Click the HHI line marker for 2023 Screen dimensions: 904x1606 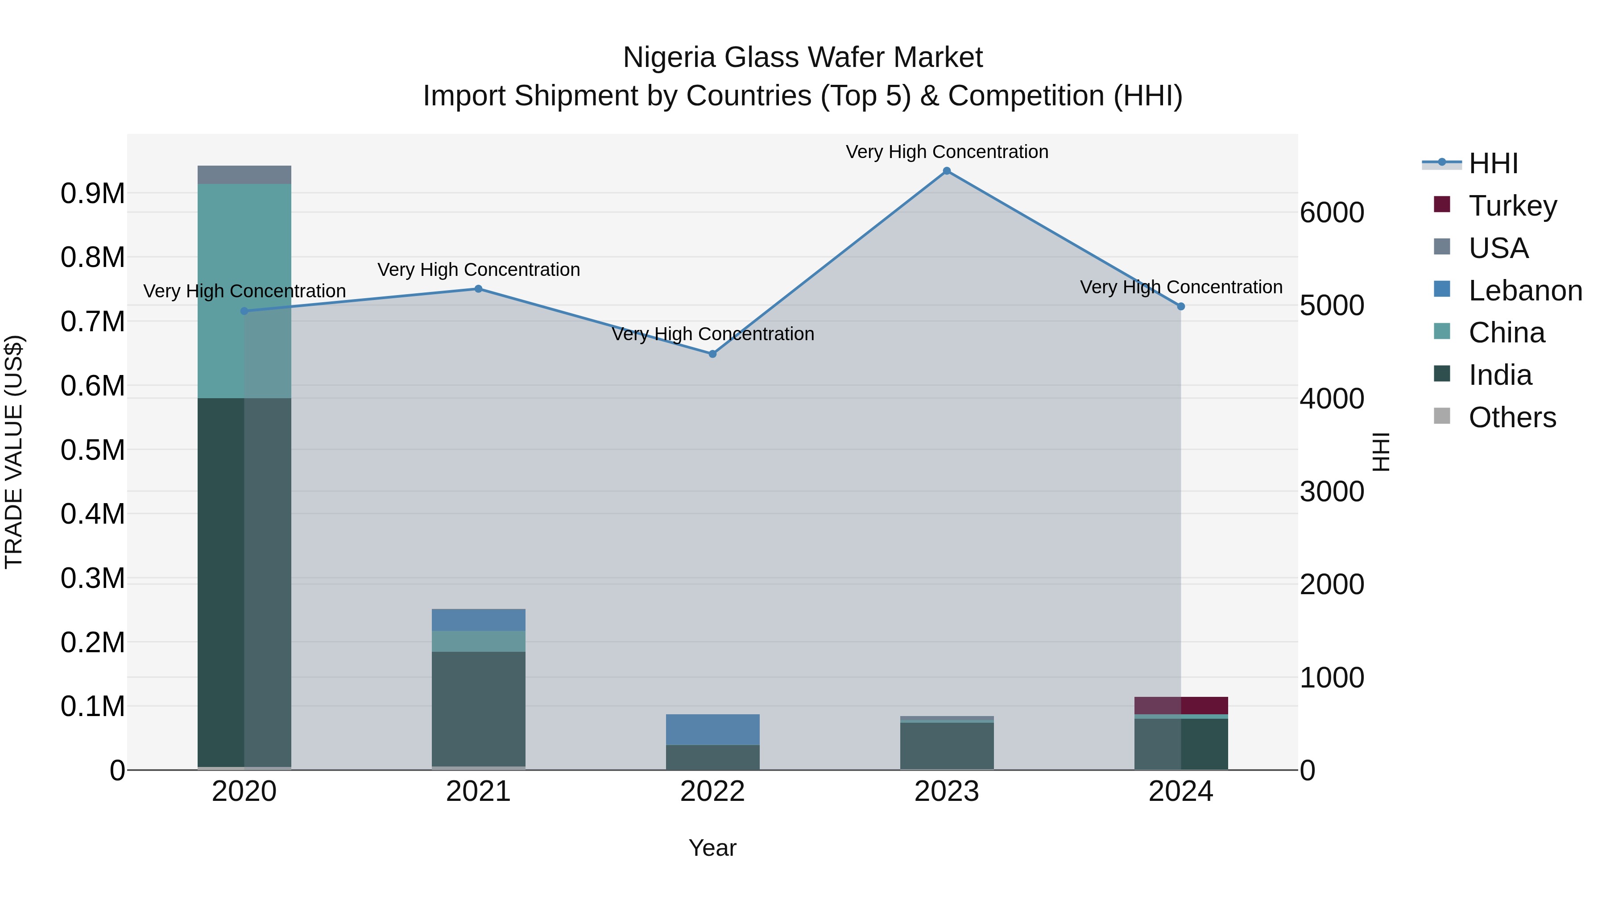[x=946, y=171]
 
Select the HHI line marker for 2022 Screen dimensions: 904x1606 [x=712, y=354]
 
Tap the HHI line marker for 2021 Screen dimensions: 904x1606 [x=478, y=289]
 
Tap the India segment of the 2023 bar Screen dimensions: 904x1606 [x=946, y=746]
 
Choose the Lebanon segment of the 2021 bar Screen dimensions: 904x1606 [x=478, y=620]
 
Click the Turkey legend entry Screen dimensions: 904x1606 [x=1512, y=206]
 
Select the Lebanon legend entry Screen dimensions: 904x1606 [x=1524, y=291]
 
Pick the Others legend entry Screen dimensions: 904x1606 [x=1511, y=417]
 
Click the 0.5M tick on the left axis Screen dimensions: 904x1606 [x=92, y=450]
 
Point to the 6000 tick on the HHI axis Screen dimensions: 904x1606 [x=1332, y=213]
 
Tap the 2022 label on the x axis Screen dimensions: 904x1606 [x=712, y=792]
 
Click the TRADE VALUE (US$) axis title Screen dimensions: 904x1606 [x=14, y=452]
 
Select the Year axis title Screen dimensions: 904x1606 [x=712, y=848]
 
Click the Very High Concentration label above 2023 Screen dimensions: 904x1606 [x=946, y=152]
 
